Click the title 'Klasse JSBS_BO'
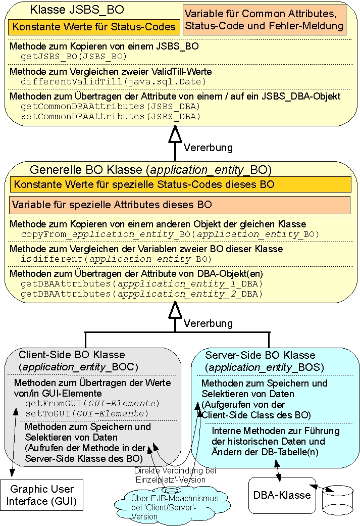click(77, 10)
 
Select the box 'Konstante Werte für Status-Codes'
click(94, 27)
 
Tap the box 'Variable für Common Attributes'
click(265, 20)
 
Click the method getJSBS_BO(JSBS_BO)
click(74, 56)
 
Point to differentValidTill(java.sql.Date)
click(113, 81)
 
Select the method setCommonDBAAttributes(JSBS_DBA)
click(110, 116)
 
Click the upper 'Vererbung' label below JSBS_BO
click(208, 148)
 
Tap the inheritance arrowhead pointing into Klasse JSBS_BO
click(175, 134)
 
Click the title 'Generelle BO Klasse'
click(150, 169)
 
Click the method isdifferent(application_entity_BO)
click(116, 259)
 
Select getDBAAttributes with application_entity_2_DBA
click(141, 294)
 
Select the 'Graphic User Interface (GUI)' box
click(42, 495)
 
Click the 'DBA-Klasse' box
click(281, 495)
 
